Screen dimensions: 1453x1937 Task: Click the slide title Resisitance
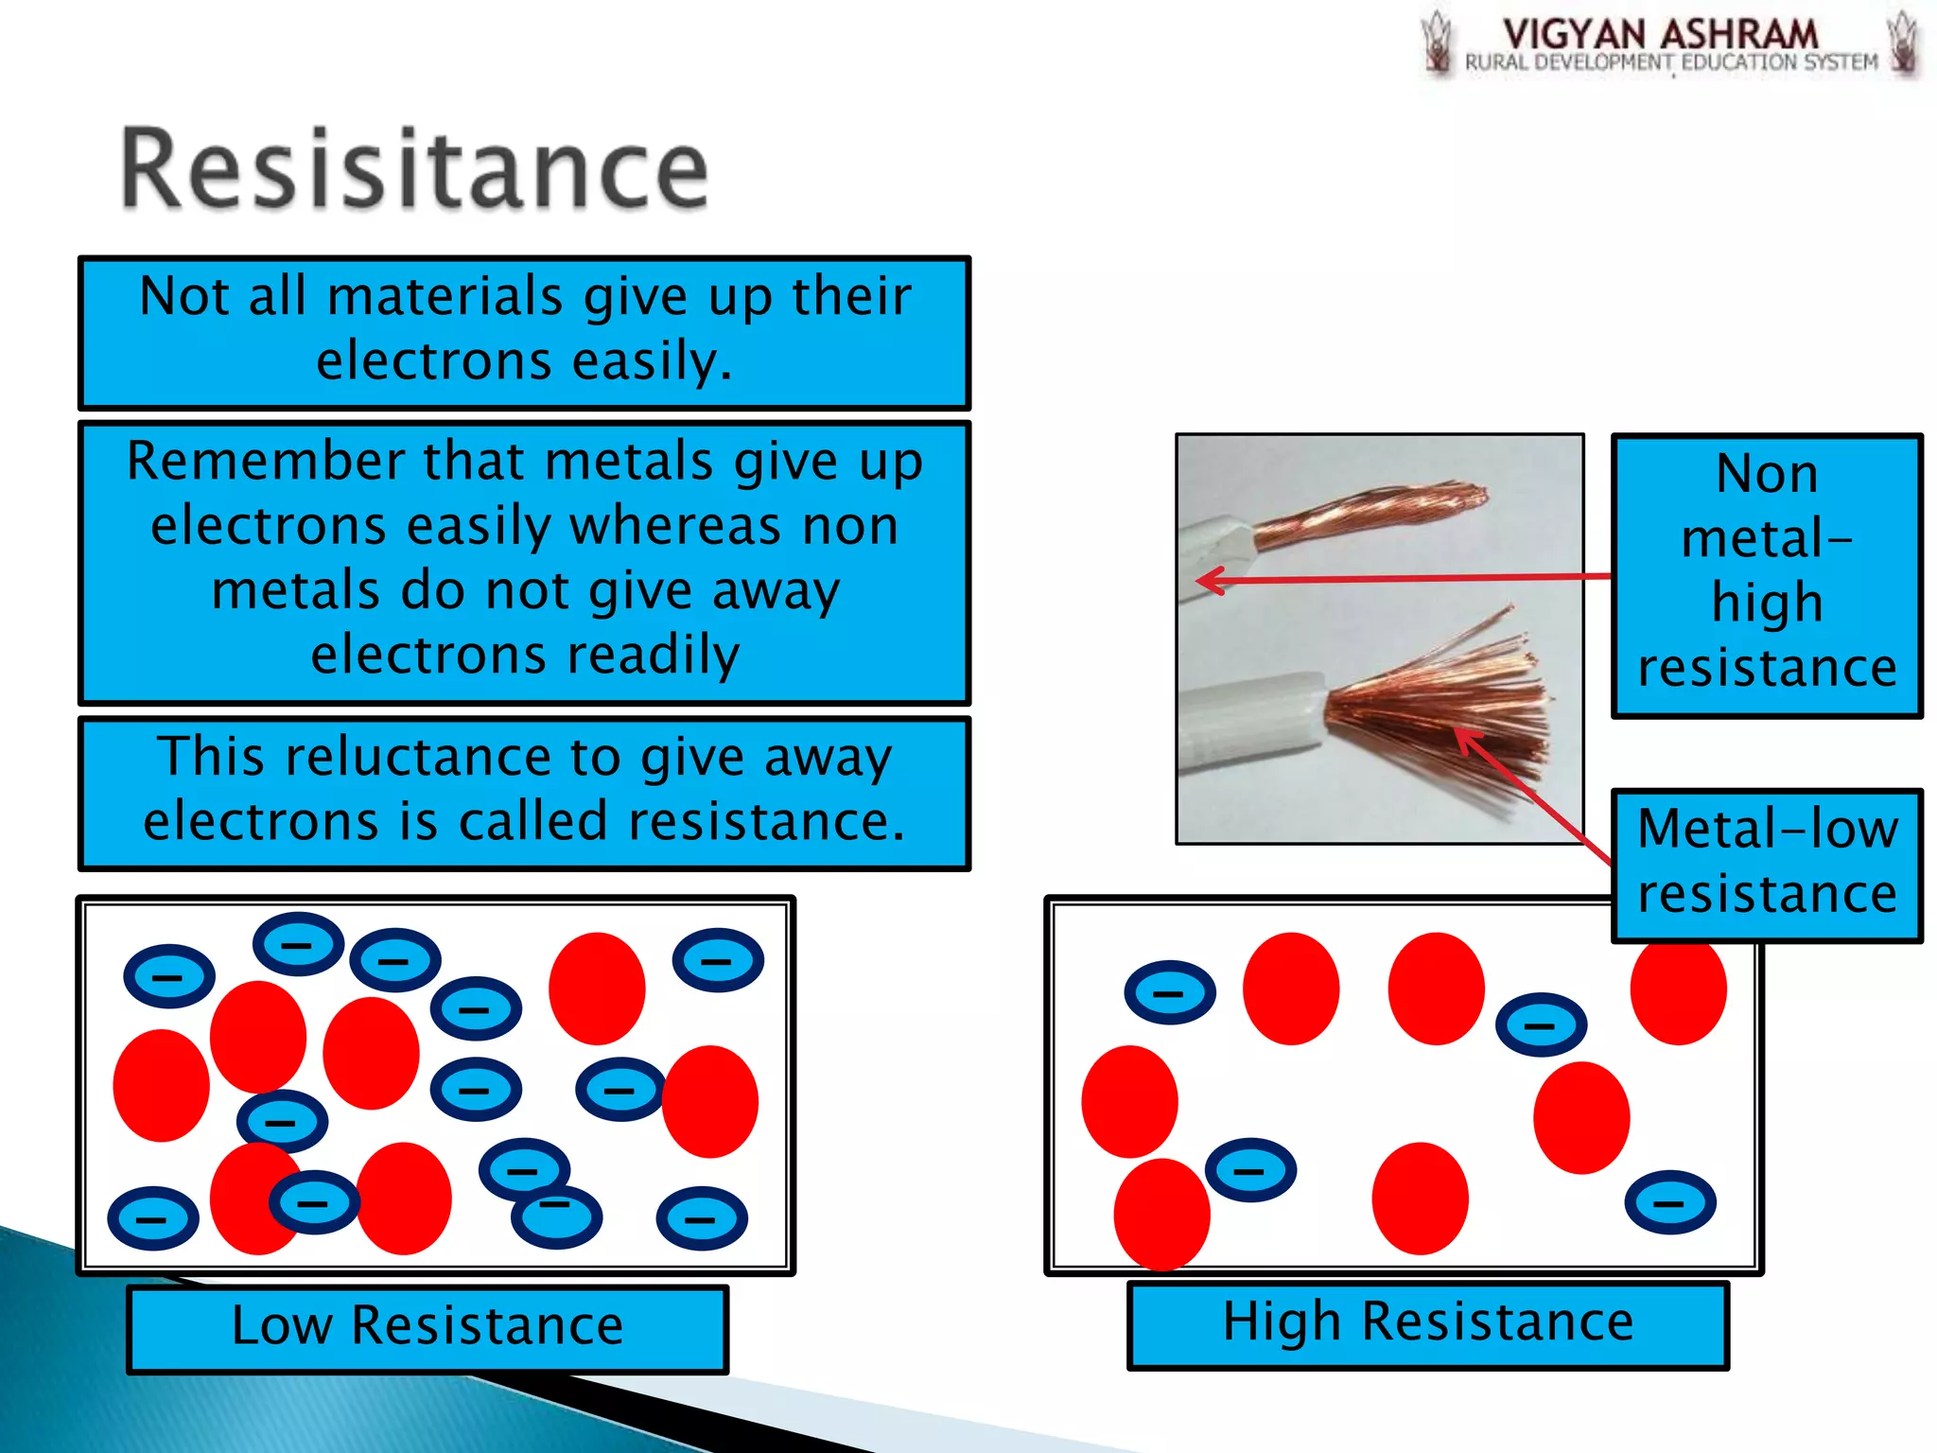[414, 170]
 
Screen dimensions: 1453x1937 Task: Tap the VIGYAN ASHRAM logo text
[1660, 34]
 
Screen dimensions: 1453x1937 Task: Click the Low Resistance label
[427, 1325]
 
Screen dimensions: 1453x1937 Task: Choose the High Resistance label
[1427, 1322]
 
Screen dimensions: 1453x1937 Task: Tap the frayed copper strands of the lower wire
[1447, 700]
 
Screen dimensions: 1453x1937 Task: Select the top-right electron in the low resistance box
[718, 960]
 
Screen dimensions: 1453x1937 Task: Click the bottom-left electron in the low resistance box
[153, 1217]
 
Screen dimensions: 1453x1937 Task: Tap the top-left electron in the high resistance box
[1169, 992]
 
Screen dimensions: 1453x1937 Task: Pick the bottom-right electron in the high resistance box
[1669, 1201]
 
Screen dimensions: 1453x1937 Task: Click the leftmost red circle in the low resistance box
[161, 1085]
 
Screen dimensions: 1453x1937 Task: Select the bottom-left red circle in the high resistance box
[1161, 1214]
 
